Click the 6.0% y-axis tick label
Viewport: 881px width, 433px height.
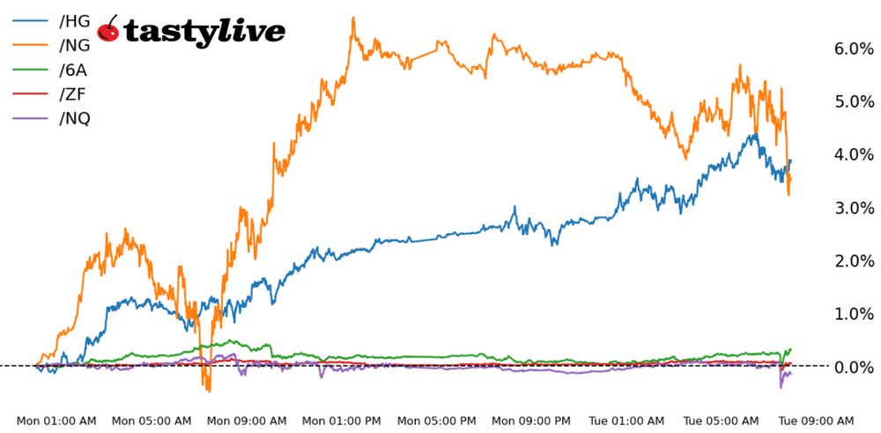click(853, 49)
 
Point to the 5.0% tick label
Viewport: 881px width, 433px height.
click(853, 102)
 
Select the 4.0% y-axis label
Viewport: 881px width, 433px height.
click(853, 155)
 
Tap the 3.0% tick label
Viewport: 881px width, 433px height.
click(853, 208)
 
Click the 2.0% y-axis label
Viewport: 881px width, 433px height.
click(853, 261)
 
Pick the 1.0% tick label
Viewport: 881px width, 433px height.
click(853, 314)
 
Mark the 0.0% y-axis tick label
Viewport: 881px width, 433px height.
click(853, 367)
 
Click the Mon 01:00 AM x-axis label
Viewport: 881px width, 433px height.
click(56, 420)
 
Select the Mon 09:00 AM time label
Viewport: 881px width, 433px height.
click(247, 420)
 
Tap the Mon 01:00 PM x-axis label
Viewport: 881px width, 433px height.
click(342, 420)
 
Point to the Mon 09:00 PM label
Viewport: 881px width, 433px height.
click(532, 420)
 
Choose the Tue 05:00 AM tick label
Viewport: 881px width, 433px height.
click(722, 420)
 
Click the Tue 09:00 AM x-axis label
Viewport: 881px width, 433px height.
click(818, 420)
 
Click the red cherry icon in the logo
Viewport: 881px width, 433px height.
click(109, 29)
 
